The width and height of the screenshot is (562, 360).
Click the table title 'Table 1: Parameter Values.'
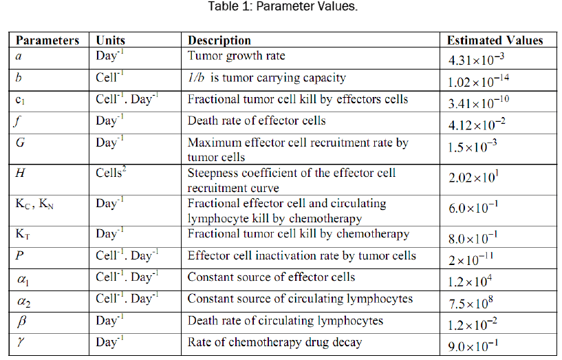coord(283,8)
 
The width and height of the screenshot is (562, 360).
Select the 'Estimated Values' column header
coord(495,41)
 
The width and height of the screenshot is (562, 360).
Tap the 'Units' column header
coord(111,41)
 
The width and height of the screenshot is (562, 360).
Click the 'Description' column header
coord(219,41)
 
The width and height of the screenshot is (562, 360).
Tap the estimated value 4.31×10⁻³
coord(479,59)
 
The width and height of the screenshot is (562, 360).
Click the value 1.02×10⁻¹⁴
coord(479,82)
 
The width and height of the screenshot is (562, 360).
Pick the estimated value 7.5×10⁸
coord(475,303)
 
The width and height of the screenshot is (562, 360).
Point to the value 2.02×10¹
coord(475,178)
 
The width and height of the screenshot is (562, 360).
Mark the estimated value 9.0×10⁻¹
coord(476,346)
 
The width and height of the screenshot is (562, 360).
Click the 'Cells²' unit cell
coord(111,172)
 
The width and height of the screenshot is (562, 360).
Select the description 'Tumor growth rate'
coord(236,56)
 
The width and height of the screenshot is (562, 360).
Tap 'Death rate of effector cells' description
coord(257,121)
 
